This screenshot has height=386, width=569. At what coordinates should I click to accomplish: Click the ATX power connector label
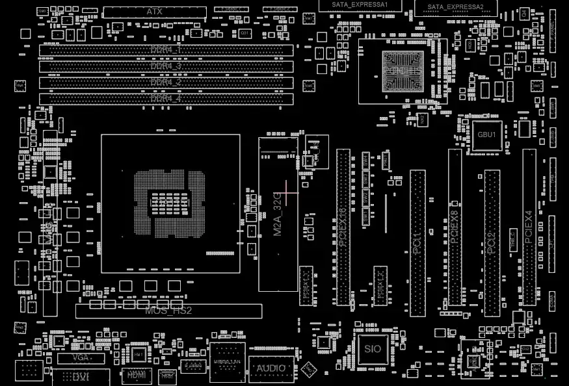pos(155,12)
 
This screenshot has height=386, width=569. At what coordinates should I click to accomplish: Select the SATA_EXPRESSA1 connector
pos(360,5)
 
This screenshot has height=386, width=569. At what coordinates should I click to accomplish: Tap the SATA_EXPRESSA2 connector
pos(455,7)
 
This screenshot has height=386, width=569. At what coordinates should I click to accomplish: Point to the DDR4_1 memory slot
pos(166,50)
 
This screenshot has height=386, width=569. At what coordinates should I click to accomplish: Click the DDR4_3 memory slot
pos(166,66)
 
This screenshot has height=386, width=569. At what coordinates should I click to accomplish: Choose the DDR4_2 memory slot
pos(166,83)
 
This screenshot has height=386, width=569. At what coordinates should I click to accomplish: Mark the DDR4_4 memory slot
pos(166,99)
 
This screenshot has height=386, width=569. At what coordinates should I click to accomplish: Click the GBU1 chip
pos(487,135)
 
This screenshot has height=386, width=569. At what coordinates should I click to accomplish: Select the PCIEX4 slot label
pos(529,227)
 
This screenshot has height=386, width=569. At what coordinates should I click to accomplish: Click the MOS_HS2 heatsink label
pos(168,311)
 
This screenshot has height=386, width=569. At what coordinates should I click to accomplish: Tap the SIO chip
pos(373,349)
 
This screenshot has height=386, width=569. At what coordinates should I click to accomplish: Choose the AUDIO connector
pos(271,368)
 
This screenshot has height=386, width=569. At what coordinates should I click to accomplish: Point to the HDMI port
pos(136,375)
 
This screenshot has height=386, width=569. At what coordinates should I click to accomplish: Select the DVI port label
pos(81,377)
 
